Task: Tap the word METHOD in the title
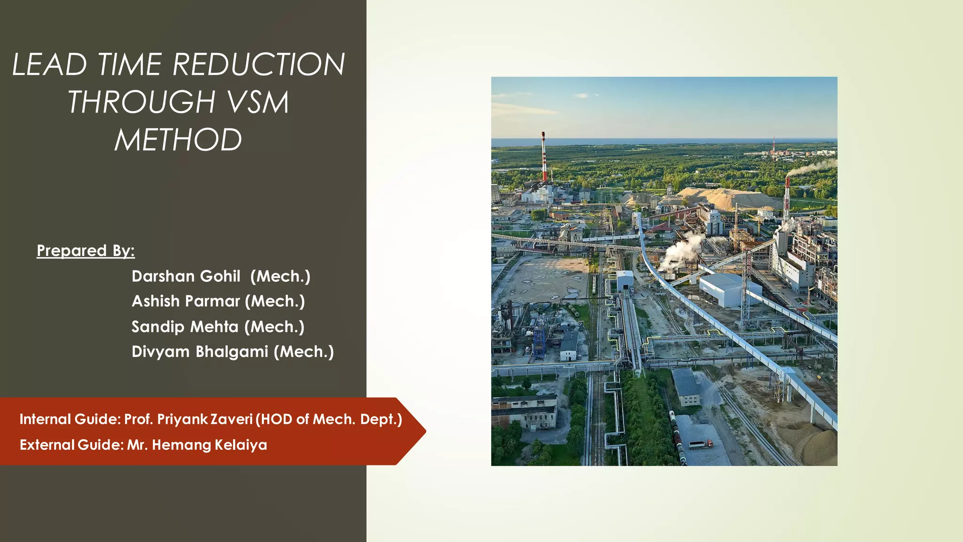[x=178, y=140]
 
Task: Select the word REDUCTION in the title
[x=259, y=64]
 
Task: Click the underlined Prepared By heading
[x=86, y=250]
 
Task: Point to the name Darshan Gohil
[x=186, y=276]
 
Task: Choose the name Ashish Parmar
[x=186, y=301]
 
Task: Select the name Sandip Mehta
[x=185, y=327]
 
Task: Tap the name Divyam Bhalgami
[x=200, y=351]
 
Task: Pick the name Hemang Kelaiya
[x=209, y=445]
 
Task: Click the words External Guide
[x=71, y=445]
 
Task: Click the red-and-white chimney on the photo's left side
[x=544, y=158]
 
